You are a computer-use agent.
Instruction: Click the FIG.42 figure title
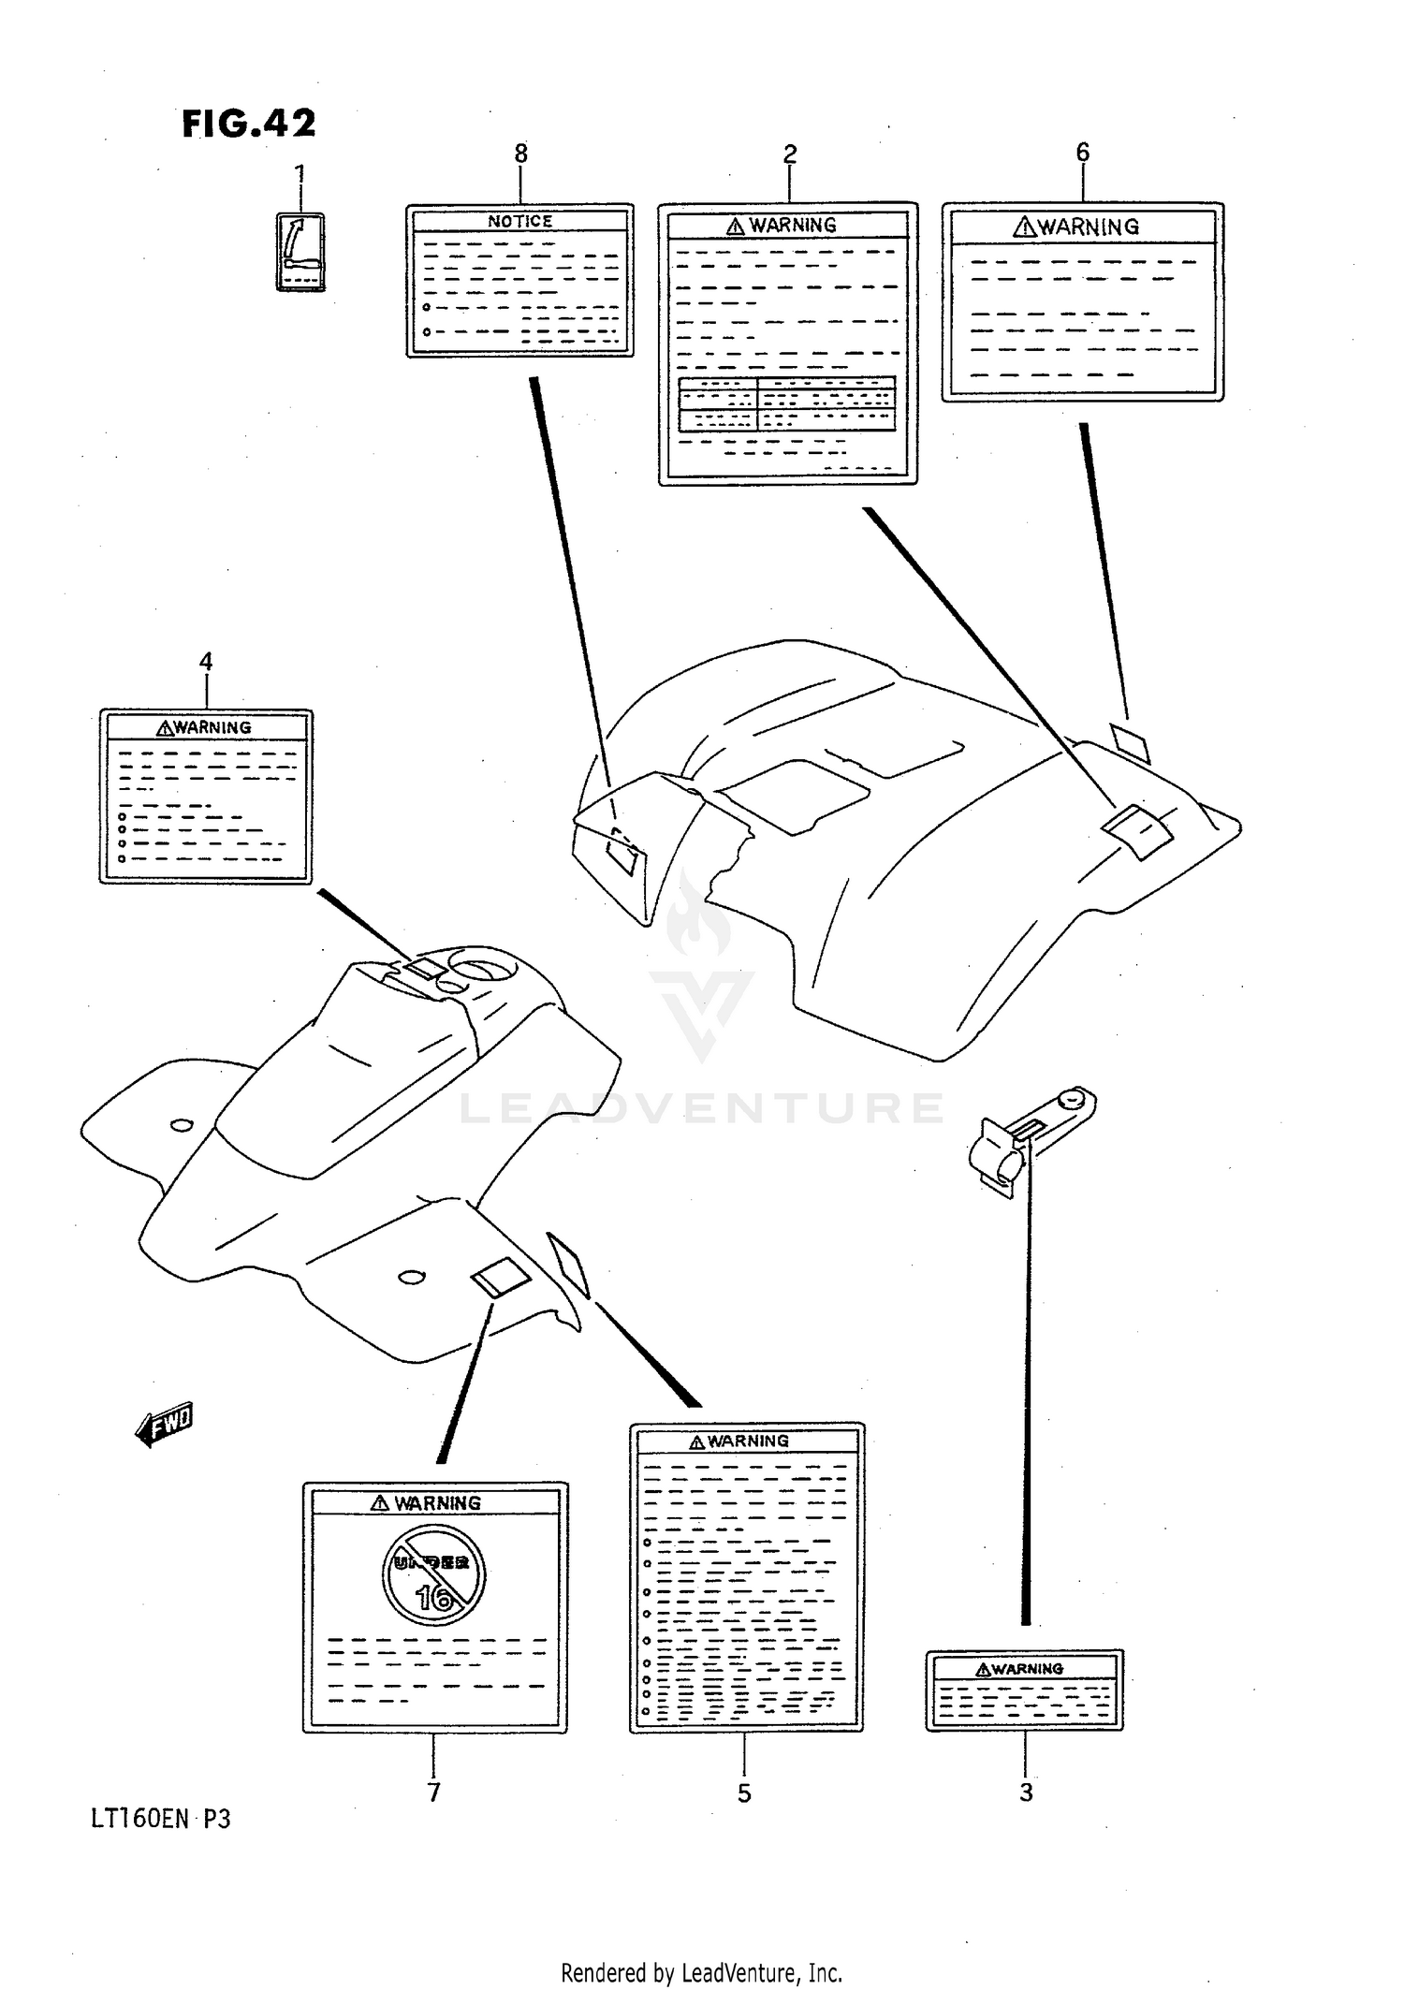249,124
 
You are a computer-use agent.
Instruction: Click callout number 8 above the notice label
521,153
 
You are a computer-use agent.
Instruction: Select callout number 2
790,154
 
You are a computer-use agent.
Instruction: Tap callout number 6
1083,152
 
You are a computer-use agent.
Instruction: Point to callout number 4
206,662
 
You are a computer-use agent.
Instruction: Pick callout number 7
434,1792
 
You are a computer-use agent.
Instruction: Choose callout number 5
744,1793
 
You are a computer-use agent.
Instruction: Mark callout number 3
1027,1792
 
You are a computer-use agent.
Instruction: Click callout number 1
300,174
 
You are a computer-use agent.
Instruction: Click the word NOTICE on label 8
520,222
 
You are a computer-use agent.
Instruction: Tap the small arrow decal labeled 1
300,252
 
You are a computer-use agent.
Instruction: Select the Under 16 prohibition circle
433,1573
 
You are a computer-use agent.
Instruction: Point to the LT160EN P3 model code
160,1838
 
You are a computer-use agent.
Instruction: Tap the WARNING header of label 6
1076,227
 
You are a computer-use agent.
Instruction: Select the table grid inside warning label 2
787,403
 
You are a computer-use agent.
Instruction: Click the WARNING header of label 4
204,727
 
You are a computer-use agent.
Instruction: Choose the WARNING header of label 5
739,1441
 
